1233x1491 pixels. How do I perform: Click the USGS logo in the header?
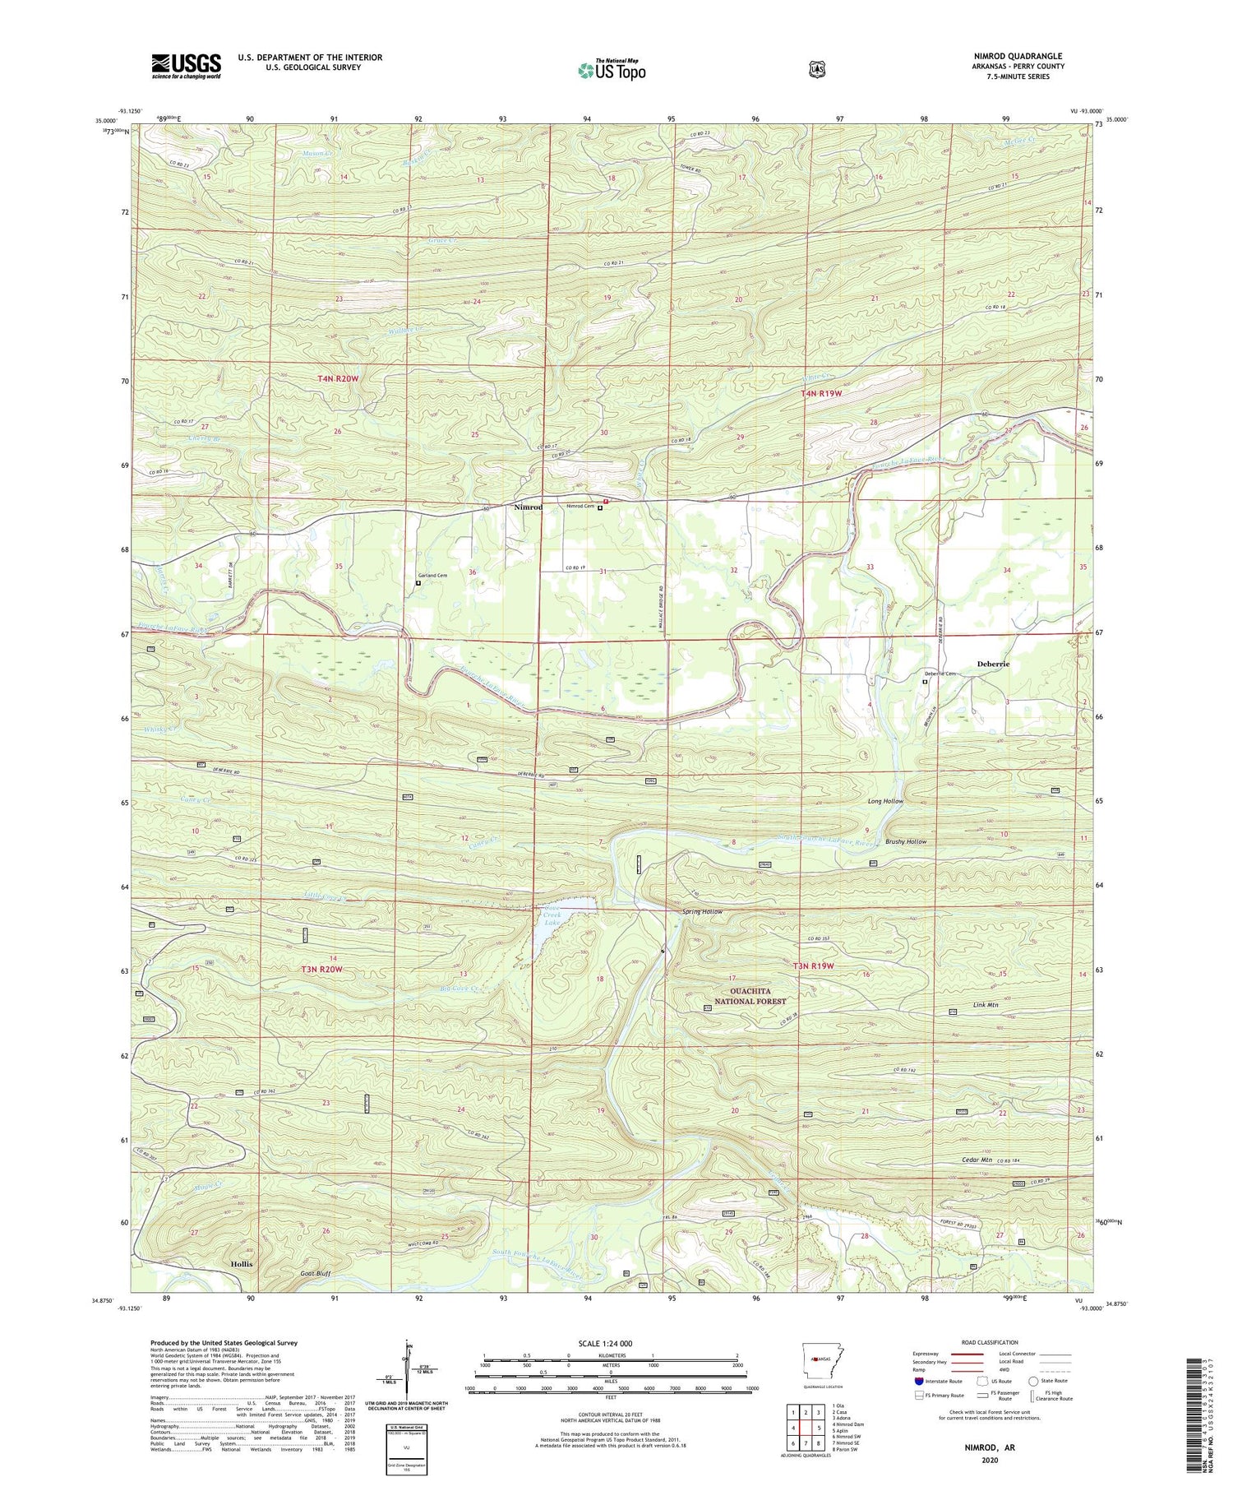(x=186, y=65)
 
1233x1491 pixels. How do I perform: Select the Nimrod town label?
(x=529, y=507)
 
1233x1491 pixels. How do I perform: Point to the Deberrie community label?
(x=993, y=664)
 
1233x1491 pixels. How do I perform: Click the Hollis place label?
(x=242, y=1263)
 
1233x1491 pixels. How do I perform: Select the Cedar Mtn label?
(x=977, y=1160)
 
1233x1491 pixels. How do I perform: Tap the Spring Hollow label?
(x=702, y=912)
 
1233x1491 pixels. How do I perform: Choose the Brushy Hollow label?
(x=906, y=842)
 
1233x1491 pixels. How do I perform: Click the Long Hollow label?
(x=884, y=801)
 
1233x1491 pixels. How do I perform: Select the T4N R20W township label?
(x=338, y=378)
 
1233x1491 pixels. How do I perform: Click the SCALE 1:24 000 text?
(x=611, y=1343)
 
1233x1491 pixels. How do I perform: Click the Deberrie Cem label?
(x=940, y=674)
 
